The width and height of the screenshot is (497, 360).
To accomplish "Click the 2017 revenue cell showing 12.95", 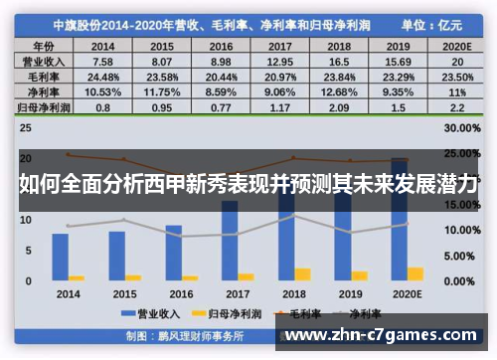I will pos(281,62).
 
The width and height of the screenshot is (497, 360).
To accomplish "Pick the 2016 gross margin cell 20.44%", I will pos(222,77).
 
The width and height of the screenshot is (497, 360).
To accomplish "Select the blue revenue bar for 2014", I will pos(61,257).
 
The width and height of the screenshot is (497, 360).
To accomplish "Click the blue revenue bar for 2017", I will pos(230,240).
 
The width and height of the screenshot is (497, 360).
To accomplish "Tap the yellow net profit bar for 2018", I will pos(303,273).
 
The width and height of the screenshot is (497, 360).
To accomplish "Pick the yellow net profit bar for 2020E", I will pos(415,272).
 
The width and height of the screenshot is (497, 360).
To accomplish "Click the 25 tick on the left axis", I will pos(27,129).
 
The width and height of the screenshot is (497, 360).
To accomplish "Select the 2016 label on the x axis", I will pos(181,294).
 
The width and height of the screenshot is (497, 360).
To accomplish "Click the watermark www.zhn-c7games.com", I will pos(387,336).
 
